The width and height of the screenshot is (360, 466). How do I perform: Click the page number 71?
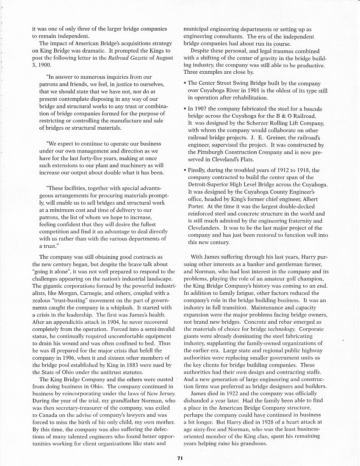(180, 457)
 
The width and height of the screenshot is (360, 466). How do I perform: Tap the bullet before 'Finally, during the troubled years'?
(185, 170)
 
